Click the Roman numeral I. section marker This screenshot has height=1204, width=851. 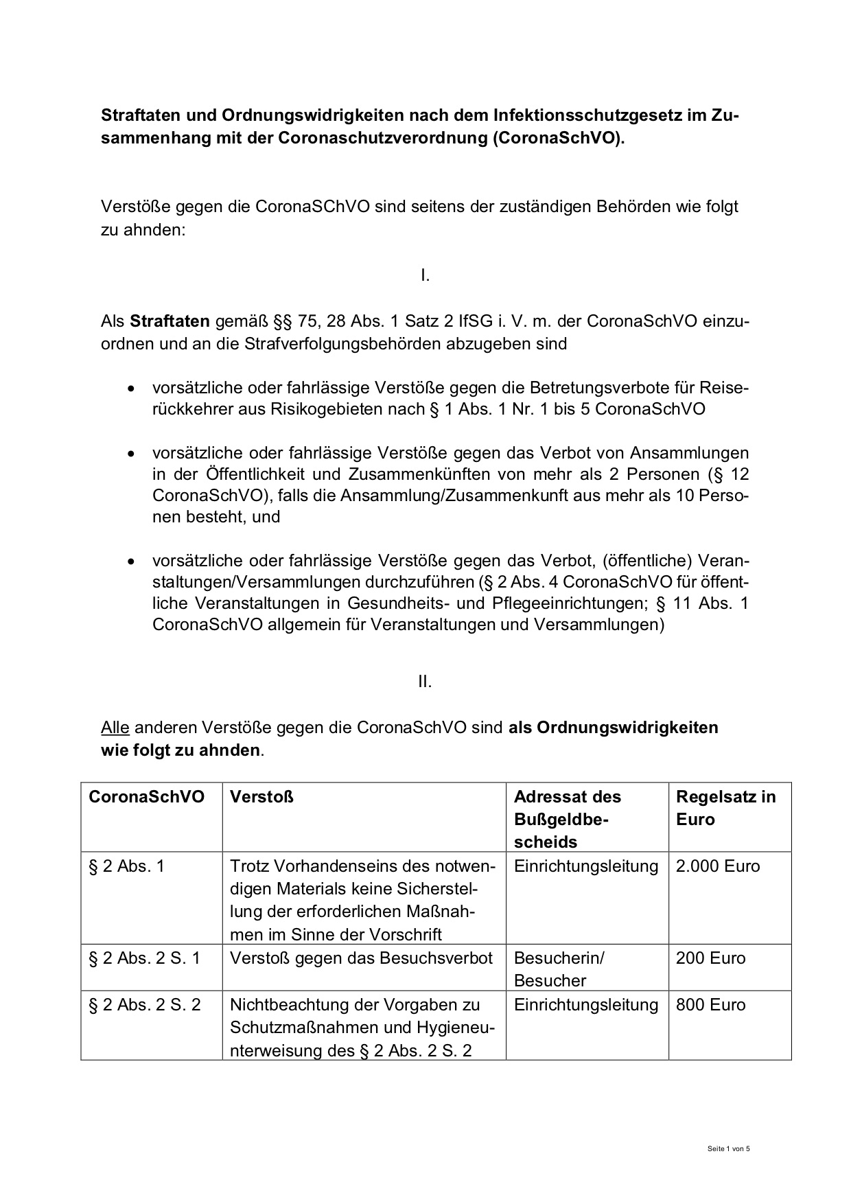pyautogui.click(x=425, y=276)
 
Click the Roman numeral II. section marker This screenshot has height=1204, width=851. pyautogui.click(x=425, y=682)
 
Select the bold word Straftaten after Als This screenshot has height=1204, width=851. pyautogui.click(x=170, y=321)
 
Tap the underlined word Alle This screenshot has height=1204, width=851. pyautogui.click(x=115, y=727)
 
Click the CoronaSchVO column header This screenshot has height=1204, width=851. pyautogui.click(x=146, y=797)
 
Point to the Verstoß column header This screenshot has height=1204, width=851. pyautogui.click(x=261, y=797)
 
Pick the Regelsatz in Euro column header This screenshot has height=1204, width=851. pyautogui.click(x=725, y=808)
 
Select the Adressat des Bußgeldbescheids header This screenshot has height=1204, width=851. pyautogui.click(x=567, y=819)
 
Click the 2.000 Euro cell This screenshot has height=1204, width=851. pyautogui.click(x=718, y=866)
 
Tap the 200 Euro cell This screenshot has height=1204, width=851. pyautogui.click(x=710, y=958)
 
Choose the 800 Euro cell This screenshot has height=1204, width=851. pyautogui.click(x=710, y=1005)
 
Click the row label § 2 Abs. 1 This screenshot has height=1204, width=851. pyautogui.click(x=127, y=866)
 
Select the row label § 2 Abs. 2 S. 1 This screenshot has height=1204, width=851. pyautogui.click(x=145, y=958)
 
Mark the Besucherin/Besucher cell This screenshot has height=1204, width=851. pyautogui.click(x=559, y=969)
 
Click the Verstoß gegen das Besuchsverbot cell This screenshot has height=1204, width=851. pyautogui.click(x=361, y=958)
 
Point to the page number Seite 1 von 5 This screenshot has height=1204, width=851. pyautogui.click(x=729, y=1148)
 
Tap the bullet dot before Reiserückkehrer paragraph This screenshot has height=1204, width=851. pyautogui.click(x=130, y=389)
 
